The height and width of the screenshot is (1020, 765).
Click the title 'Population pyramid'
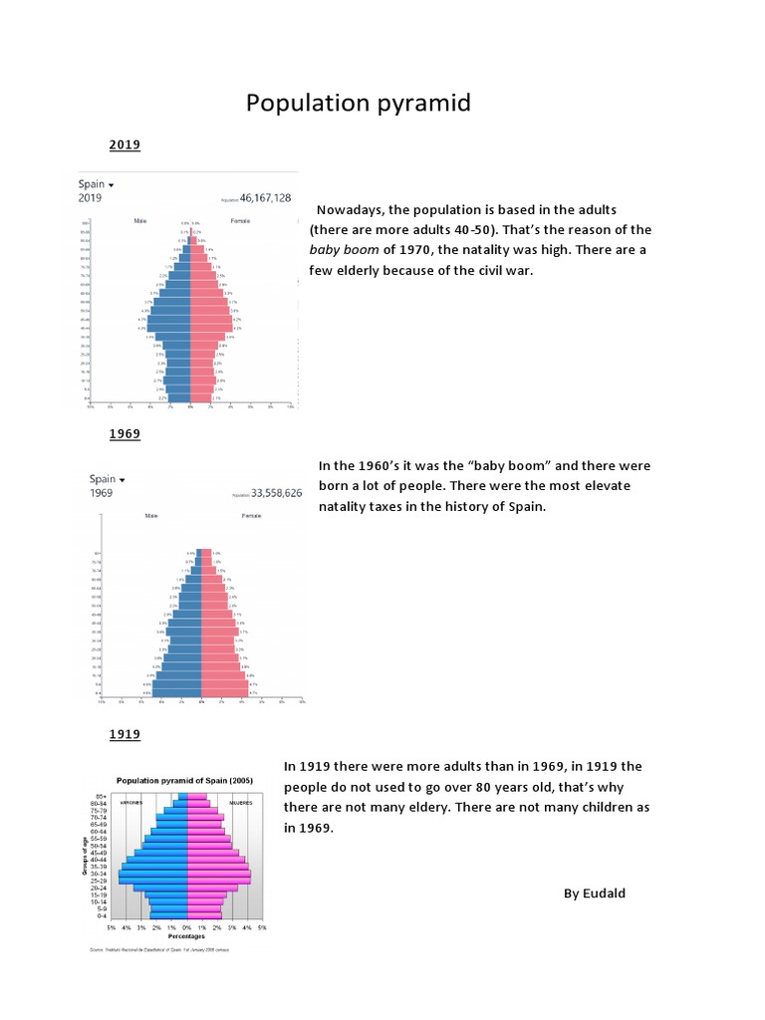(359, 104)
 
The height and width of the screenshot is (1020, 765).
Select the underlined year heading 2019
(125, 145)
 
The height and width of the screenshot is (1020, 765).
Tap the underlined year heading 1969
(125, 434)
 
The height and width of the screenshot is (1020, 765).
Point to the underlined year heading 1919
(125, 735)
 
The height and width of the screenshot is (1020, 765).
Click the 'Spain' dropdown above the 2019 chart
(96, 184)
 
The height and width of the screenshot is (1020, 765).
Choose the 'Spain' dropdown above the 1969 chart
(107, 479)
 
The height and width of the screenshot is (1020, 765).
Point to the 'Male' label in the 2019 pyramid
(140, 221)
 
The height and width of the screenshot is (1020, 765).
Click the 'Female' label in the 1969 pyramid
(251, 516)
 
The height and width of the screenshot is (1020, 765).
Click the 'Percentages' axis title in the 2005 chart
(186, 936)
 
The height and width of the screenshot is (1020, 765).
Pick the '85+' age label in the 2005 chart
(102, 795)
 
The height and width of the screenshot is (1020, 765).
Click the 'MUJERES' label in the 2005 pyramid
(240, 802)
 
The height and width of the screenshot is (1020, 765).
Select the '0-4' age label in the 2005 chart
(102, 915)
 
